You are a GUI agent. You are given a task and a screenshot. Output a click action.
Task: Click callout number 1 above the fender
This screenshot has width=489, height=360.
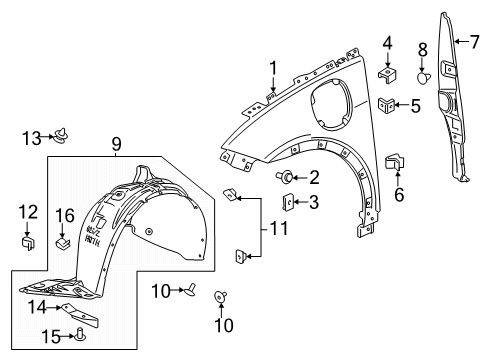tap(271, 67)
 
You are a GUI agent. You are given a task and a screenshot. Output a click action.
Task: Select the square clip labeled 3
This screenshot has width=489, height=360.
tap(289, 201)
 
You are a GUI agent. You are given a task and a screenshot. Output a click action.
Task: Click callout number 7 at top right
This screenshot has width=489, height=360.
tap(461, 42)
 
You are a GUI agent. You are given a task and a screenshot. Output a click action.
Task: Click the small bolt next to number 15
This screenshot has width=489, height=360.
tap(77, 336)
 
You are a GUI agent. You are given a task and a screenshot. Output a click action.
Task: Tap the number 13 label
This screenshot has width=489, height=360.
tap(31, 137)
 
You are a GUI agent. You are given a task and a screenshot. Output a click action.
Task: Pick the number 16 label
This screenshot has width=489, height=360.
tap(65, 214)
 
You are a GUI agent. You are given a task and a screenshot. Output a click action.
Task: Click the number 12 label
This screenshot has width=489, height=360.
tap(28, 211)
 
